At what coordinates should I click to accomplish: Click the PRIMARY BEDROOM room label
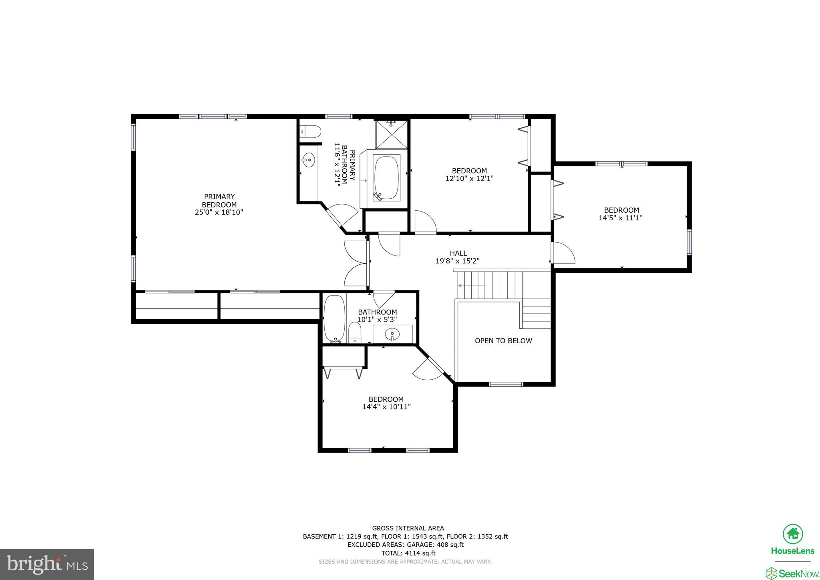219,200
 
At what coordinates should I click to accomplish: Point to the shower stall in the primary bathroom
391,134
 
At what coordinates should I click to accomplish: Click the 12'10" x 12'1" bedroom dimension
469,179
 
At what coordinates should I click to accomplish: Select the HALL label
458,253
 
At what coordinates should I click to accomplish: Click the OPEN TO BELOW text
503,341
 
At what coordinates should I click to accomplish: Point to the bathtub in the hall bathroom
334,318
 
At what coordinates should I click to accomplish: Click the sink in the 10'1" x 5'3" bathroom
392,334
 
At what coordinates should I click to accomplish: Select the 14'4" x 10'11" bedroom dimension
386,407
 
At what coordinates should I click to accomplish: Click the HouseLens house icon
792,534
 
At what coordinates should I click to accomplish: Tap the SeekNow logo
792,573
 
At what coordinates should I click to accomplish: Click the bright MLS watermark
47,564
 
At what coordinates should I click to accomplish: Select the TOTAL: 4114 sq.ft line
408,553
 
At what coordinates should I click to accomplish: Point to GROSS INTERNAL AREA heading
408,528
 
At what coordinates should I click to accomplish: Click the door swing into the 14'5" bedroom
564,254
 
